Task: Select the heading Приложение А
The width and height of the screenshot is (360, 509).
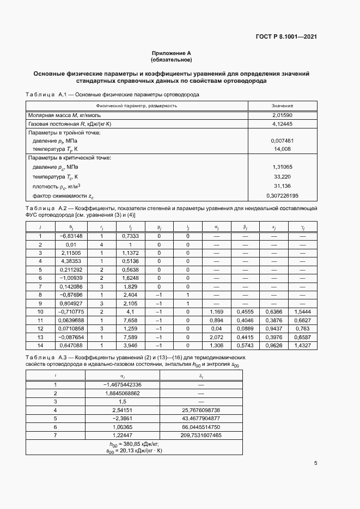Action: (x=171, y=53)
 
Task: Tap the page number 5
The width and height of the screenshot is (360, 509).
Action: (x=316, y=463)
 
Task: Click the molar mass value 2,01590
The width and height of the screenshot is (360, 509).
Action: (x=282, y=115)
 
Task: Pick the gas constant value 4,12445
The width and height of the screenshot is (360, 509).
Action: (x=282, y=124)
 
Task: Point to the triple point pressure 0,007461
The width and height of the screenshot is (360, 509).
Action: (x=282, y=140)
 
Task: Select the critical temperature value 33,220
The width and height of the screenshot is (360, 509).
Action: (x=282, y=177)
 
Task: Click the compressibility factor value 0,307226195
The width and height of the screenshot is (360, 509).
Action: (x=282, y=195)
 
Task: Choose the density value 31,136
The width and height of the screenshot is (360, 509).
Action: (x=282, y=186)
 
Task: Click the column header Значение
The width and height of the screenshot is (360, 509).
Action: (x=282, y=105)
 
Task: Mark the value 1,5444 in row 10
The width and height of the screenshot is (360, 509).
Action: (x=302, y=311)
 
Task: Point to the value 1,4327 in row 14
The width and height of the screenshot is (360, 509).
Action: (x=302, y=345)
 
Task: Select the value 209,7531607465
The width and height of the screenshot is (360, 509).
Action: (x=201, y=436)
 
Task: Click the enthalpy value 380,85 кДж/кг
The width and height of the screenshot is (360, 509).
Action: (x=136, y=444)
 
